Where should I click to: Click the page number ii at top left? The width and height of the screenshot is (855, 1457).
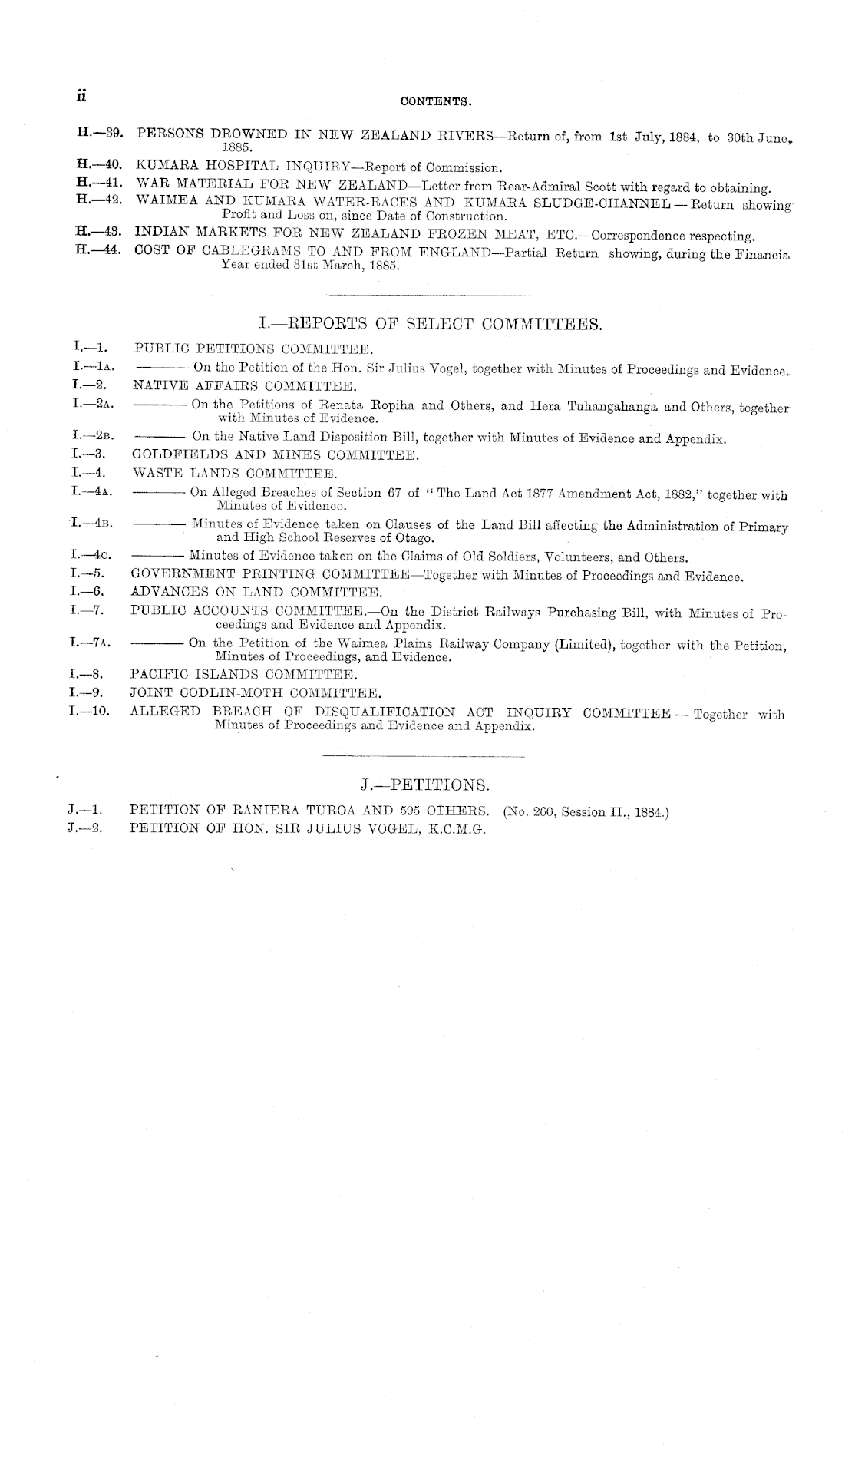[80, 97]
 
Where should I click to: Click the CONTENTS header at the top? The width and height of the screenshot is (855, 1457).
[434, 101]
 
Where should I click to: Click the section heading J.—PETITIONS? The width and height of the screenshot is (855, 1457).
[424, 785]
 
